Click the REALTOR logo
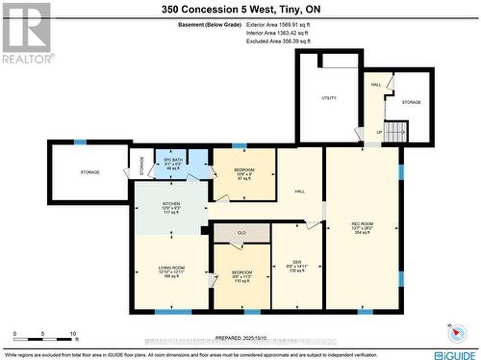[26, 33]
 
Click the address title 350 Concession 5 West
[240, 10]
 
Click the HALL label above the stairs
[376, 85]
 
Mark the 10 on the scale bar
[74, 333]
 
